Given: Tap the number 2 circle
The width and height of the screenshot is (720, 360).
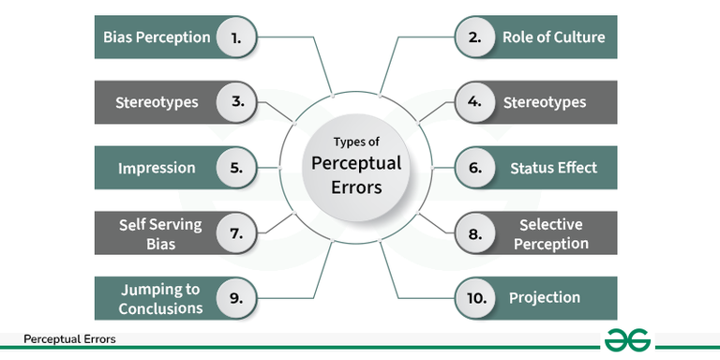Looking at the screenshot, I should click(474, 38).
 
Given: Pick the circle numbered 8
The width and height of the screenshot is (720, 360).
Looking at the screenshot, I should click(474, 233).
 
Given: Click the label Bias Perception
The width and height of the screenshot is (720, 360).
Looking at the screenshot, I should click(157, 38).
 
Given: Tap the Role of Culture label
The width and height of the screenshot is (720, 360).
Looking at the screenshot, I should click(553, 38).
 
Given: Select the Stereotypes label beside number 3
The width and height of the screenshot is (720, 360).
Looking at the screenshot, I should click(157, 103).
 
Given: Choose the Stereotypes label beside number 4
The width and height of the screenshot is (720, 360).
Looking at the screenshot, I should click(545, 103).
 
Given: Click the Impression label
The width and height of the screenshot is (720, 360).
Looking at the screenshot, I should click(157, 169).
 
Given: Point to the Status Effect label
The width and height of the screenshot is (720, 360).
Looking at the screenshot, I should click(553, 169).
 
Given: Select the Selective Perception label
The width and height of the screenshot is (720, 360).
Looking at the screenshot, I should click(553, 234).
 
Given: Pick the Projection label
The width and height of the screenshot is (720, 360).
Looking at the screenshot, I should click(545, 298).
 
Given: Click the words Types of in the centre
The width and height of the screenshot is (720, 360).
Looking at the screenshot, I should click(355, 142).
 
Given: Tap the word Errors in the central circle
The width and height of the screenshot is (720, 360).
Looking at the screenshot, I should click(355, 186).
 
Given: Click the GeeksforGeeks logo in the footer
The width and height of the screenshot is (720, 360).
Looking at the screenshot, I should click(627, 340).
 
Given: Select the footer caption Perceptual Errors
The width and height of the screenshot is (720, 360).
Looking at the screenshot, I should click(69, 339).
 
